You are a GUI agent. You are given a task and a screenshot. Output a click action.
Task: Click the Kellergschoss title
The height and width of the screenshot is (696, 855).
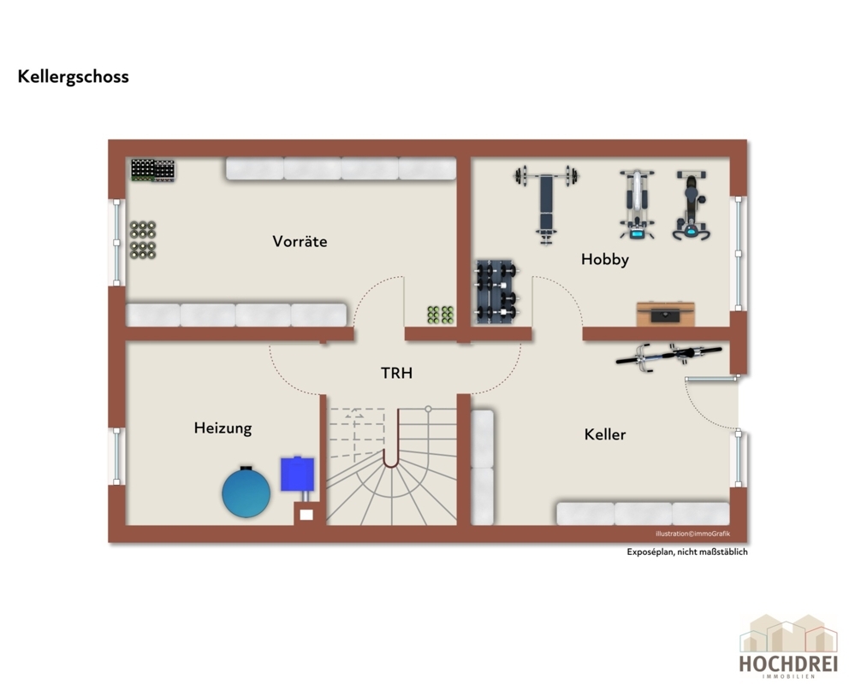click(73, 77)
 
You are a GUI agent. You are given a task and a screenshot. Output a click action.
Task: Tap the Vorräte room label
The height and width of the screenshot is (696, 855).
click(300, 241)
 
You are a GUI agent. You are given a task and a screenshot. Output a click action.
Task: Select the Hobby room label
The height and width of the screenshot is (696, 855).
click(605, 259)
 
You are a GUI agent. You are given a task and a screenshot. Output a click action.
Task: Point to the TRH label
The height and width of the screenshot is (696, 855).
click(396, 373)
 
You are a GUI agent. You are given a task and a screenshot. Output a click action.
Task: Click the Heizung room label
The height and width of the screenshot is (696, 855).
click(223, 428)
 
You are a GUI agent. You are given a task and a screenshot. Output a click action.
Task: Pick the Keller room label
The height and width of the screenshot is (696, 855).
click(605, 434)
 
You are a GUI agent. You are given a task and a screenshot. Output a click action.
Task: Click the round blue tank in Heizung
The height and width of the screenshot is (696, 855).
click(246, 492)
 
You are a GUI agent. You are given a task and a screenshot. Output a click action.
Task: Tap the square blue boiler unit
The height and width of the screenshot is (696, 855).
click(297, 474)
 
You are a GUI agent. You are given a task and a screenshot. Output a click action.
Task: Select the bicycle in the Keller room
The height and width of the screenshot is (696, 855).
click(669, 357)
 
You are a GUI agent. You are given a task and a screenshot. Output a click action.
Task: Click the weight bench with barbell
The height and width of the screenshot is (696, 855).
click(546, 203)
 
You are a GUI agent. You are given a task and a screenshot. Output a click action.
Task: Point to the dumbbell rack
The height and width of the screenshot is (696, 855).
click(496, 292)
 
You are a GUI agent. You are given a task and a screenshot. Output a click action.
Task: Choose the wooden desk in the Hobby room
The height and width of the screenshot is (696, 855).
click(665, 314)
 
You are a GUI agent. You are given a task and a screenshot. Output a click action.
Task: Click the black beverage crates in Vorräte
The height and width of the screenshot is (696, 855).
click(152, 170)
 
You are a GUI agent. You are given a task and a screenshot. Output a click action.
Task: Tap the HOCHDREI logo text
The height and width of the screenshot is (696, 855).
click(788, 664)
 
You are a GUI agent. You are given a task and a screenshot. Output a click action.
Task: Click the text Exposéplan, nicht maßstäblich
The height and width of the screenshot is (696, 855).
click(687, 551)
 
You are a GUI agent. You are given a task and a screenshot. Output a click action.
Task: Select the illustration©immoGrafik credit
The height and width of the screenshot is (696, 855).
click(692, 534)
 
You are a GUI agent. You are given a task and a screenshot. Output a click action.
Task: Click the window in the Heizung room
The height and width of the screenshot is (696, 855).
click(116, 457)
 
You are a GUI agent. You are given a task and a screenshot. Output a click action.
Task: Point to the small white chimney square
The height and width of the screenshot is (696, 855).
click(306, 514)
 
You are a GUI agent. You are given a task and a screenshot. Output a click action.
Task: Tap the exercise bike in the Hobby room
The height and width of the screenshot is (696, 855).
click(691, 205)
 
